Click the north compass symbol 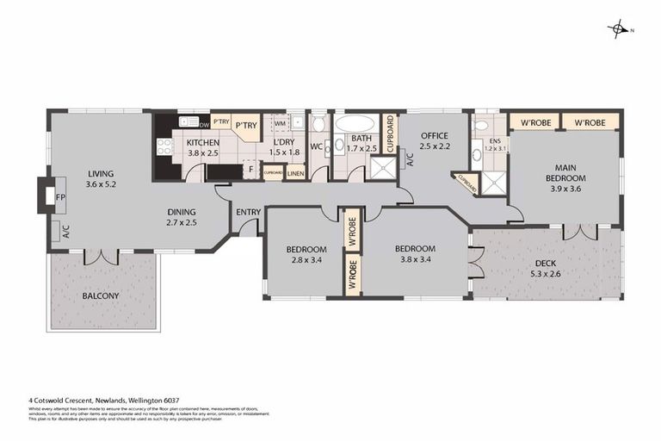tap(619, 29)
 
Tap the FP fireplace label tap(61, 197)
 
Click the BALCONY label tap(101, 296)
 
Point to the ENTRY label tap(248, 212)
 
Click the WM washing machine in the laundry tap(281, 123)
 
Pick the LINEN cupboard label tap(295, 173)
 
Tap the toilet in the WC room tap(318, 126)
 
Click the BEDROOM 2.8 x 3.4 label tap(306, 255)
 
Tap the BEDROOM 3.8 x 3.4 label tap(417, 255)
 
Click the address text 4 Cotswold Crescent tap(77, 401)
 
